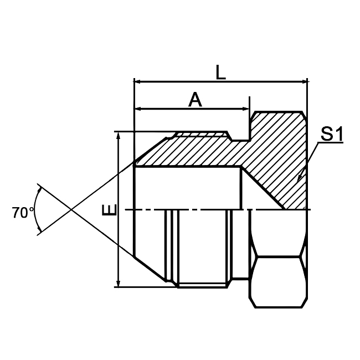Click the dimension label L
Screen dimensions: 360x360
(x=220, y=72)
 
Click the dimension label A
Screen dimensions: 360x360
(x=195, y=100)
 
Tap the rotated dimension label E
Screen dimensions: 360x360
(x=110, y=210)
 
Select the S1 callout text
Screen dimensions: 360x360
(x=331, y=134)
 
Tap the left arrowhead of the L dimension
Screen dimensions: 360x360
(x=138, y=82)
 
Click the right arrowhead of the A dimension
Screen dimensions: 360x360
(x=245, y=109)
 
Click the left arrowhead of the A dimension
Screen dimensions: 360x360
(x=138, y=109)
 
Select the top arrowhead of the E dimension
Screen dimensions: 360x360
(x=118, y=136)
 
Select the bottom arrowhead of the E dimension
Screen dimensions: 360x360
(x=118, y=283)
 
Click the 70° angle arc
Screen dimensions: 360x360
(x=37, y=209)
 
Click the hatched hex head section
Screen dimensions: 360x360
(x=277, y=155)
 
